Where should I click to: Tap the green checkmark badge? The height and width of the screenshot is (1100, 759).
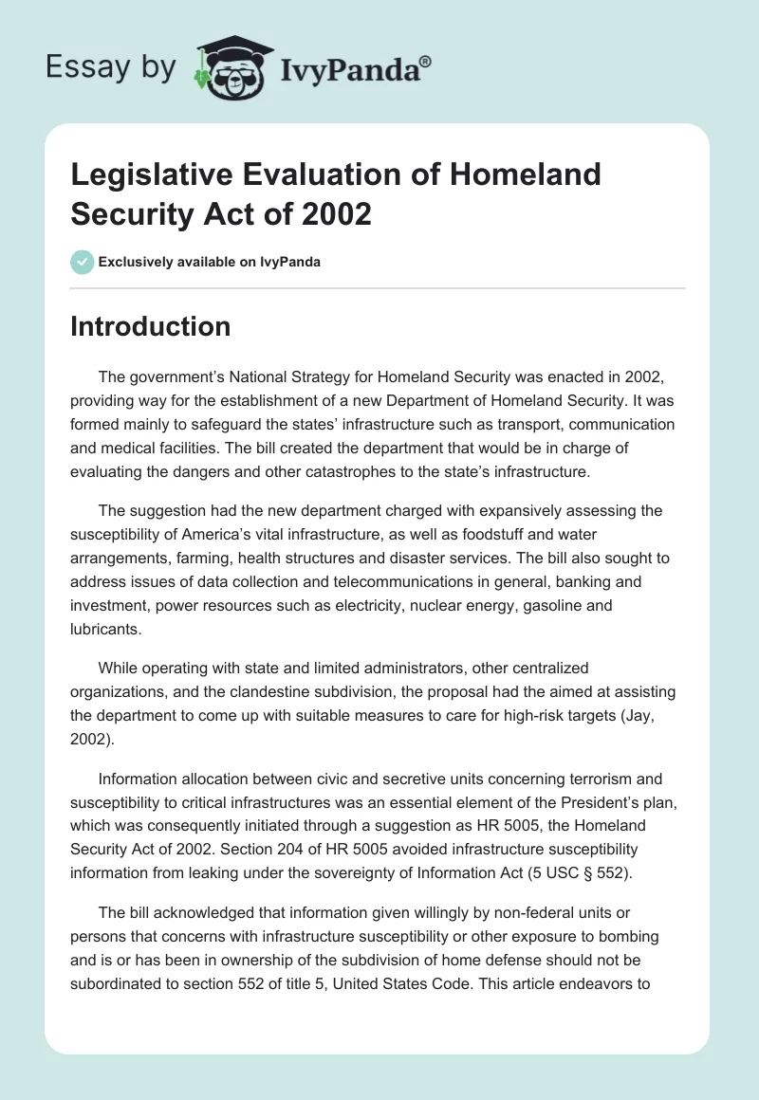coord(82,262)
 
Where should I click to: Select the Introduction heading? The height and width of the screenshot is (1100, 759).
coord(151,326)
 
